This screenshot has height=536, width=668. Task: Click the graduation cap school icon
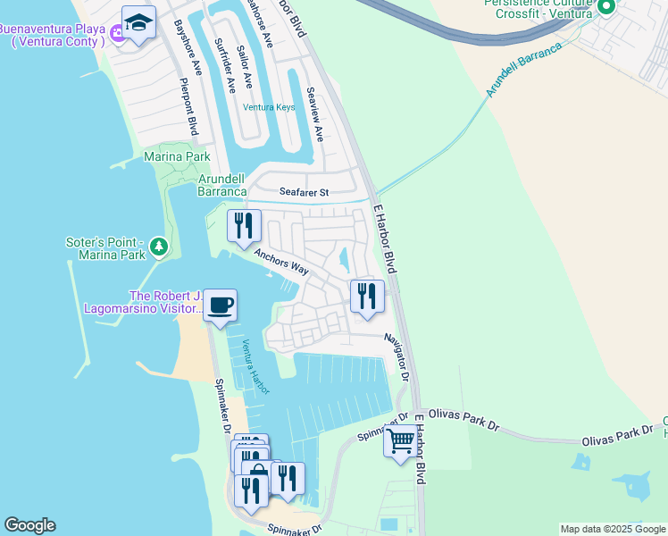coord(138,21)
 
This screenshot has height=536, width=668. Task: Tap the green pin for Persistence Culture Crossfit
coord(607,7)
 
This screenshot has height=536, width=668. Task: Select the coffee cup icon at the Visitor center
coord(220,306)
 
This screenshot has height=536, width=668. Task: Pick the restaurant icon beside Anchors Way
coord(244,226)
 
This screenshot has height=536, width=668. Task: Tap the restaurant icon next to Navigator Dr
coord(366,296)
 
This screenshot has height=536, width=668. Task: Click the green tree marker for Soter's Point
coord(158,246)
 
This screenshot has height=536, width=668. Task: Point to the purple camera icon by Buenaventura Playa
coord(115,41)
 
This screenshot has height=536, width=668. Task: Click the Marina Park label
coord(177,157)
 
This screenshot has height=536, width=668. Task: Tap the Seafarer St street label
coord(304,192)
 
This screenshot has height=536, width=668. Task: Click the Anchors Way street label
coord(280,261)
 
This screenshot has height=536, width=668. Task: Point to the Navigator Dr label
coord(397,357)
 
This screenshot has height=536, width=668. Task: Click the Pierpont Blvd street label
coord(188,107)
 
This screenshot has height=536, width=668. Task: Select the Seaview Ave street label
coord(314,114)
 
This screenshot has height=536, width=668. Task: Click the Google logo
coord(29,525)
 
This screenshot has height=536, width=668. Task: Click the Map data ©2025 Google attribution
coord(613,529)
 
